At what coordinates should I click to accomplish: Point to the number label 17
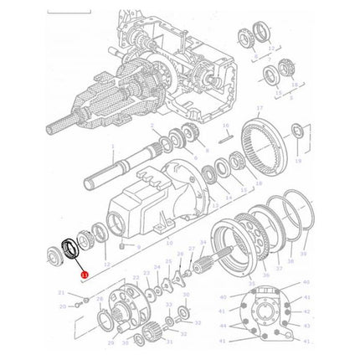click(260, 109)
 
